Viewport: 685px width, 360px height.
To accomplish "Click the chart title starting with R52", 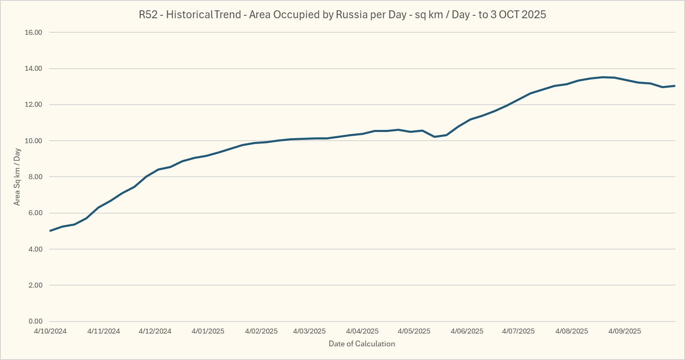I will (x=342, y=15).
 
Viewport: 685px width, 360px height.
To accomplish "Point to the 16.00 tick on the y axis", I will (x=34, y=32).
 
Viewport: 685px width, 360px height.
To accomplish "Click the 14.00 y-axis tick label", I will (x=34, y=69).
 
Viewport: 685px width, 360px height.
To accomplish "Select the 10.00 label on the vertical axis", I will (x=34, y=141).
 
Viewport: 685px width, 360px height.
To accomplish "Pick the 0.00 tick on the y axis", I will (x=35, y=322).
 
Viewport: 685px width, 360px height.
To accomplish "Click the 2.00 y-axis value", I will (x=35, y=286).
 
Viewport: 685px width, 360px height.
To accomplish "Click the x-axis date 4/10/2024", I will (x=50, y=331).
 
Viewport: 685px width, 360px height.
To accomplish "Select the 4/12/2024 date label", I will (x=155, y=331).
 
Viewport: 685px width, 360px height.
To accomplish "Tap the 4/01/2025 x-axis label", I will (x=208, y=331).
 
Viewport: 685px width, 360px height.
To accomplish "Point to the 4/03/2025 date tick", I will (x=309, y=331).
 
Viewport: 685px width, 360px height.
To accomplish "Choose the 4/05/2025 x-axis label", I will (x=414, y=331).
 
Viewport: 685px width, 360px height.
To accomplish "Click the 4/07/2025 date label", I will (x=518, y=331).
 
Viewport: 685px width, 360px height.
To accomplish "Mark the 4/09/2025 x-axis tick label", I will (x=625, y=331).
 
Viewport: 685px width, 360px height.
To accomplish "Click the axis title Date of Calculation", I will (x=362, y=344).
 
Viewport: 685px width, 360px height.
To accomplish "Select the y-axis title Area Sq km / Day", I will (x=17, y=177).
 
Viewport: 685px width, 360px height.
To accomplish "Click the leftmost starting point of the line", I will (x=50, y=230).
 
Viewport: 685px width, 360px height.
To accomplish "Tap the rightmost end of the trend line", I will (x=675, y=86).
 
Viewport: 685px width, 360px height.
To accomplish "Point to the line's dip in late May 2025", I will (x=434, y=137).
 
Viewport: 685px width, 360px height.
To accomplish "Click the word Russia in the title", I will (x=351, y=15).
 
